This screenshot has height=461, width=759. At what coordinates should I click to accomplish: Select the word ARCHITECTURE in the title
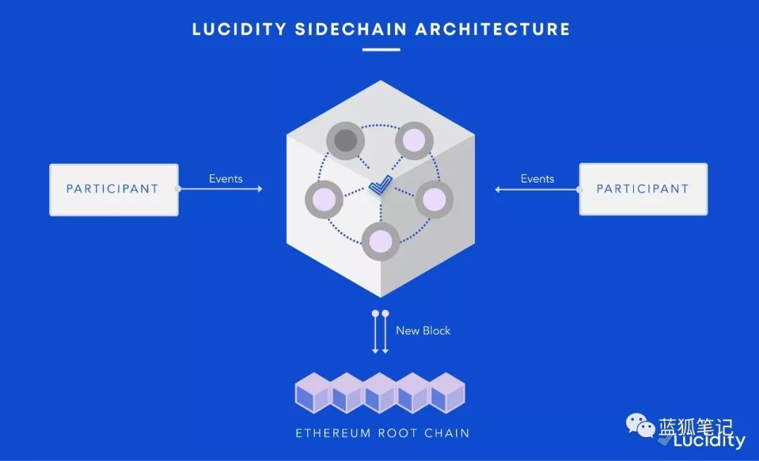click(493, 30)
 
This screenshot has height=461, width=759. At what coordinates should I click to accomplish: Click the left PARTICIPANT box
click(113, 189)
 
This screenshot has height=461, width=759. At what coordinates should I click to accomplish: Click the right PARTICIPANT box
click(643, 189)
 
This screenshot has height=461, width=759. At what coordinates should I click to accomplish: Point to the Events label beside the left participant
click(226, 178)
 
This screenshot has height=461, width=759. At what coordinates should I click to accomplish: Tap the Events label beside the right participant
click(538, 178)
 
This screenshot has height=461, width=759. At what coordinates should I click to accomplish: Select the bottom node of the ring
click(380, 241)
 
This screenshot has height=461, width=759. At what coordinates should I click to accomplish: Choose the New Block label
click(423, 330)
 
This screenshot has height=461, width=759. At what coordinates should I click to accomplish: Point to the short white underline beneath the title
click(381, 50)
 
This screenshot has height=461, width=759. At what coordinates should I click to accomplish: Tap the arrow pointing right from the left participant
click(221, 189)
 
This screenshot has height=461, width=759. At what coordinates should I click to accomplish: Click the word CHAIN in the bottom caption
click(447, 433)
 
